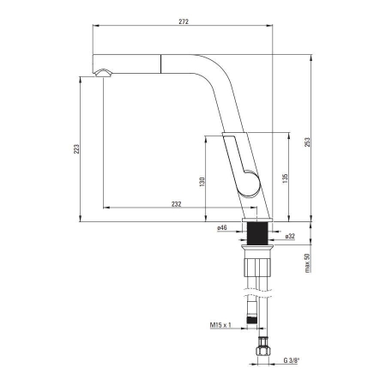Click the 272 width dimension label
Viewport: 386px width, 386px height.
pyautogui.click(x=184, y=21)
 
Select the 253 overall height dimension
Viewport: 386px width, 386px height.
pyautogui.click(x=307, y=142)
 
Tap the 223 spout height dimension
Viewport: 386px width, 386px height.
pyautogui.click(x=76, y=149)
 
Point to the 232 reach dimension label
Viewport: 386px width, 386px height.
pyautogui.click(x=177, y=204)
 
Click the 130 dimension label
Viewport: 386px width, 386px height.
pyautogui.click(x=202, y=182)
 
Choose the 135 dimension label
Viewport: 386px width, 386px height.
pyautogui.click(x=285, y=178)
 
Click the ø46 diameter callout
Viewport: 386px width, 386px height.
pyautogui.click(x=222, y=228)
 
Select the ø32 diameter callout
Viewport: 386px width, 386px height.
pyautogui.click(x=290, y=236)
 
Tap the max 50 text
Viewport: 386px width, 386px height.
pyautogui.click(x=307, y=263)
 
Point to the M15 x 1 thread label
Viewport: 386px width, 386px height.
pyautogui.click(x=220, y=325)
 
